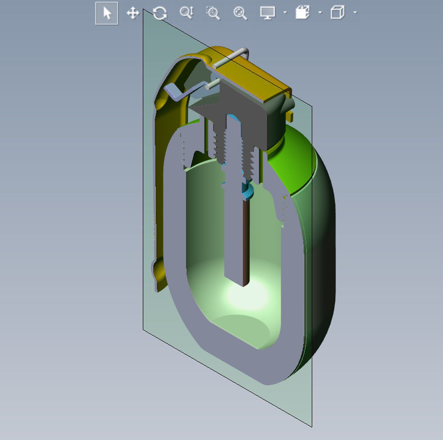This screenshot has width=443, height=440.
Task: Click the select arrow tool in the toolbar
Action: [x=107, y=13]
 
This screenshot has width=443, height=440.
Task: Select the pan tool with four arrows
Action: [x=133, y=13]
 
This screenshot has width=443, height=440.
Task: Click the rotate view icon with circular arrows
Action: [x=160, y=13]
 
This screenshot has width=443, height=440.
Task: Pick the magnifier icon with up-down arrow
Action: [x=186, y=13]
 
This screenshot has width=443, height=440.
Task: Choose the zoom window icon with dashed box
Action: [x=213, y=13]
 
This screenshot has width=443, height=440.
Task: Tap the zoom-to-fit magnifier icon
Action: [x=240, y=13]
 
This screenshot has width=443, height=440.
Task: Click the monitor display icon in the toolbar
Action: [x=268, y=13]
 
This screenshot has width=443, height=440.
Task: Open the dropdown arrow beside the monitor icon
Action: [x=285, y=13]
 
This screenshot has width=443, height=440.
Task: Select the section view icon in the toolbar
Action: [x=302, y=13]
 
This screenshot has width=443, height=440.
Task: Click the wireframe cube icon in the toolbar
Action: [x=337, y=13]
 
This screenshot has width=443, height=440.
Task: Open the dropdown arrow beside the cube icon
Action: [x=355, y=13]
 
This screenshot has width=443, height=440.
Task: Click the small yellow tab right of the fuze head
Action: [x=290, y=117]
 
